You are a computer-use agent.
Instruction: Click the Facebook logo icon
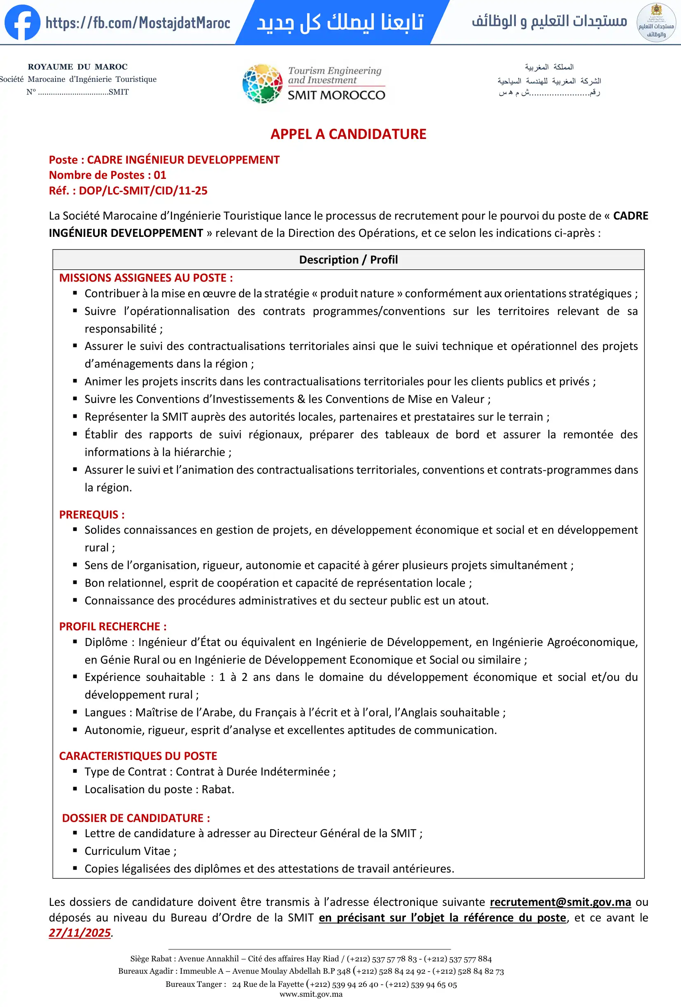click(22, 23)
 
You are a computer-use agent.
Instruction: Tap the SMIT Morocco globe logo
click(262, 83)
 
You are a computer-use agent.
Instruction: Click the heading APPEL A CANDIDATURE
click(348, 134)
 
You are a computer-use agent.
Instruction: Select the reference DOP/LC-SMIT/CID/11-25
click(143, 191)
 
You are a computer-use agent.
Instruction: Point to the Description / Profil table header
click(348, 259)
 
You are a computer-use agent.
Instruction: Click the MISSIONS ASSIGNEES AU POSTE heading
click(146, 278)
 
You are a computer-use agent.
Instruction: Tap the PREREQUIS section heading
click(92, 515)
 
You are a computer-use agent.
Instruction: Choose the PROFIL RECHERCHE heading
click(113, 627)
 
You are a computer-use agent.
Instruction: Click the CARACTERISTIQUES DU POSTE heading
click(138, 756)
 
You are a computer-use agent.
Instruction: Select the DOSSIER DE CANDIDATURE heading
click(136, 818)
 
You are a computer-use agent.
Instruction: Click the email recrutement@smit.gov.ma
click(560, 902)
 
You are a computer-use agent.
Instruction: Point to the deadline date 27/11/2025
click(80, 933)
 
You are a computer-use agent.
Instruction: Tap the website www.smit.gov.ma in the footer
click(311, 994)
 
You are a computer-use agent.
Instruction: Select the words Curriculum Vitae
click(128, 851)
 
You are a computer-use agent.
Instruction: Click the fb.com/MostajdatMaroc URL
click(138, 23)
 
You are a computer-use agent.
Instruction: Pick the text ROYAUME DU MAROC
click(78, 67)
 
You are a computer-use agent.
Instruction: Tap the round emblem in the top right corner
click(656, 23)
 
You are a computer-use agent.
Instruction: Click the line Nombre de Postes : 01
click(107, 175)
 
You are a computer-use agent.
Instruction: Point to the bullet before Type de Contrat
click(75, 771)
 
